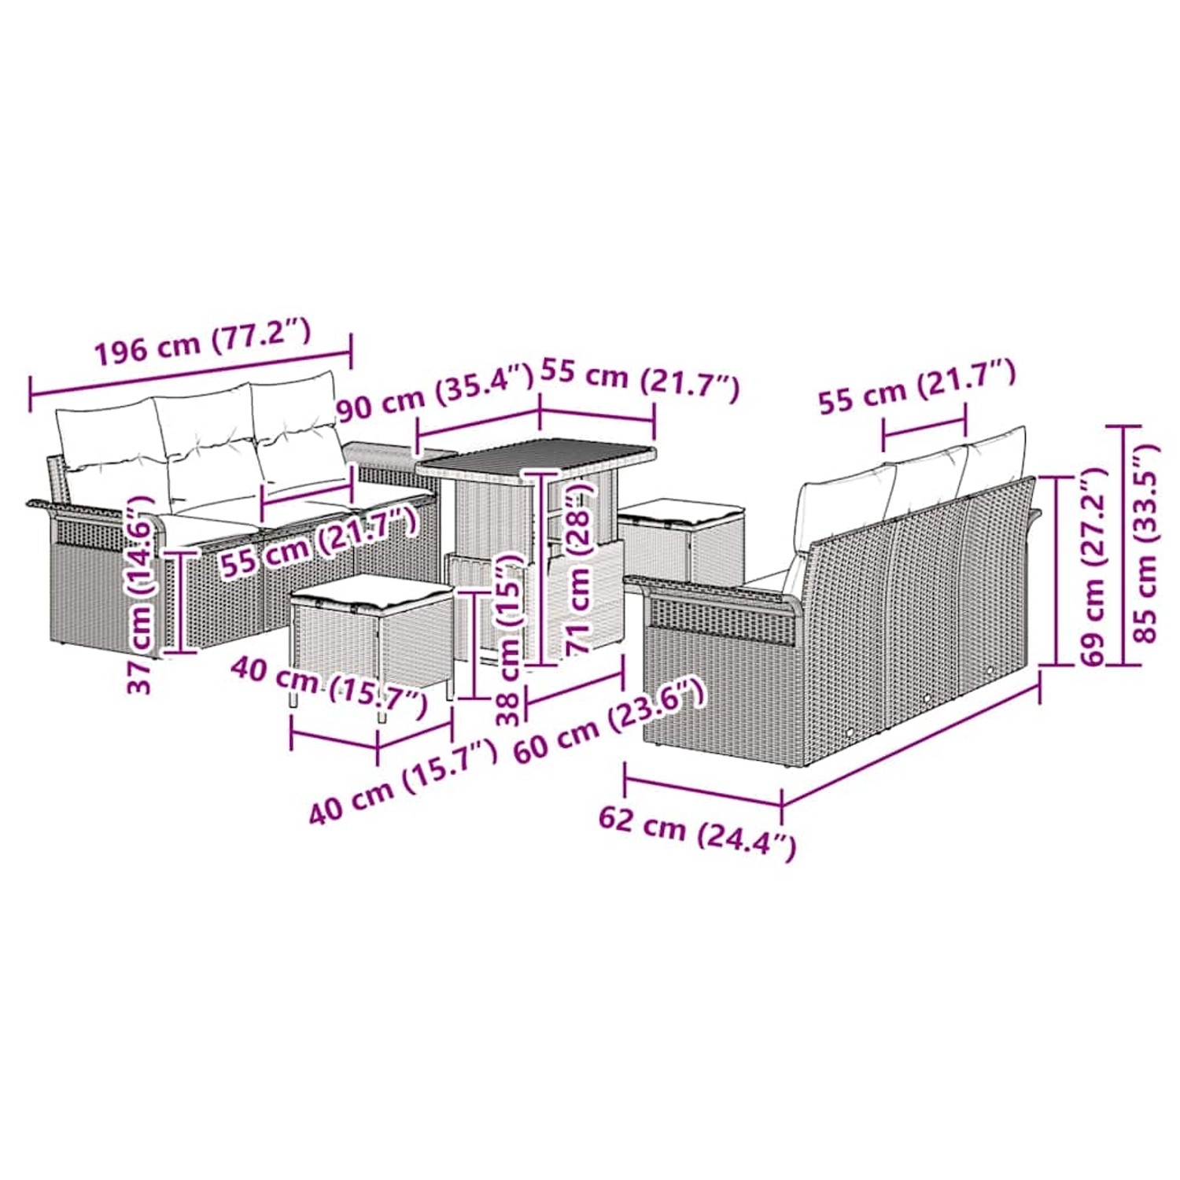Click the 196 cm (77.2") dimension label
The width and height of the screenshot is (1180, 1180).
[x=203, y=343]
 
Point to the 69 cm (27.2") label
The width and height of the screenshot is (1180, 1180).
[x=1093, y=566]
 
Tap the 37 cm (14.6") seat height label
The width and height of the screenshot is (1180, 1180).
[x=141, y=594]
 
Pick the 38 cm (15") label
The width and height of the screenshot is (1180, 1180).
[x=510, y=637]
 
